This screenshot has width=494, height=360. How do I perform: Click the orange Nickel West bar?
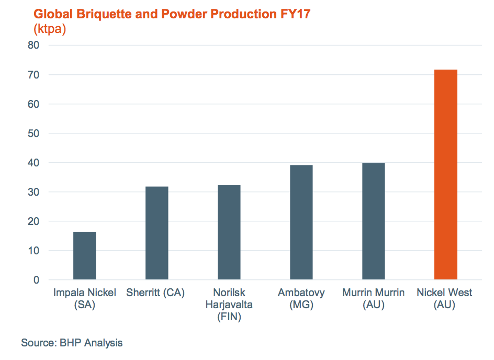tap(445, 174)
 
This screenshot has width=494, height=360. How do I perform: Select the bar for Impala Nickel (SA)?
tap(84, 255)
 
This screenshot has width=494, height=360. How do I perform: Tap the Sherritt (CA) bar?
tap(156, 233)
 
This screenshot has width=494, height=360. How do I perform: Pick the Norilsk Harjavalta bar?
tap(229, 232)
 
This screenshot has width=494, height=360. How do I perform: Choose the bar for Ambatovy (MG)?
tap(301, 222)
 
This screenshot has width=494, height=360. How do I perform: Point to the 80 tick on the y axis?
tap(33, 46)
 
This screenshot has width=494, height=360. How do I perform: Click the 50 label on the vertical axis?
tap(33, 133)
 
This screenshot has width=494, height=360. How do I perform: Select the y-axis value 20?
tap(33, 221)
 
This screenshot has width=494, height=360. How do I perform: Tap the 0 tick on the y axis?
tap(36, 280)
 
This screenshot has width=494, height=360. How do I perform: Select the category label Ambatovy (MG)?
tap(301, 298)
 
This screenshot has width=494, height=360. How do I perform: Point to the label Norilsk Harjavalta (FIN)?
tap(229, 305)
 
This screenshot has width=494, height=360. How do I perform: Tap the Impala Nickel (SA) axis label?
tap(84, 298)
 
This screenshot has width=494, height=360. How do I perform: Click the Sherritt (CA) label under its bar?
tap(155, 292)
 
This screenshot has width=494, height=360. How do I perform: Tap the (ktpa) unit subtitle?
tap(49, 29)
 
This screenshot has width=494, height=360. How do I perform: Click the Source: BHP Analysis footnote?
tap(72, 343)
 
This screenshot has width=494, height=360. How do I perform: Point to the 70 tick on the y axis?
tap(33, 75)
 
